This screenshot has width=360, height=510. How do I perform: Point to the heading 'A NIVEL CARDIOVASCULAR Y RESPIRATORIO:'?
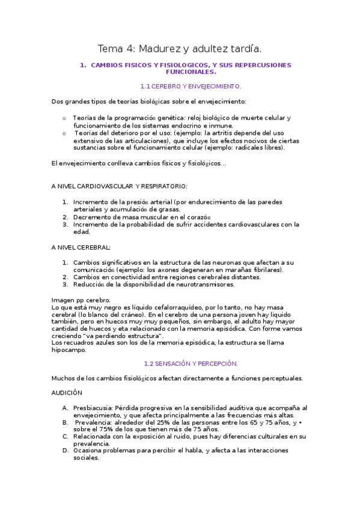point(120,186)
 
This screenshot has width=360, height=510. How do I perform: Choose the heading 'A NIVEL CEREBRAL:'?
point(81,247)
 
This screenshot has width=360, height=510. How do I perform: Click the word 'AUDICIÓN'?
point(67,392)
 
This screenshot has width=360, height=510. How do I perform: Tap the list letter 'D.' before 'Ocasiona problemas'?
point(65,450)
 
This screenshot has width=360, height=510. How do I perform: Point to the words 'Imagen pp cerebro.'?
point(81,300)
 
